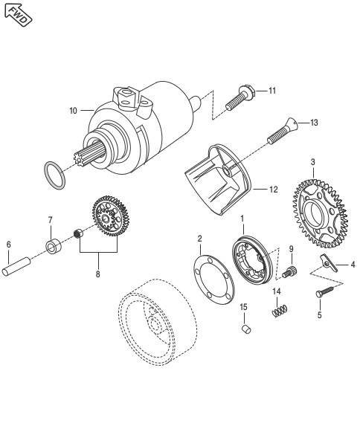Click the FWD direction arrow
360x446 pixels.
18,15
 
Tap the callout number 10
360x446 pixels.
73,111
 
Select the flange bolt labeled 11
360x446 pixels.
240,98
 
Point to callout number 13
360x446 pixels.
314,123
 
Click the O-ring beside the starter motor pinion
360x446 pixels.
54,175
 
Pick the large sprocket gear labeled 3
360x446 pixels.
320,213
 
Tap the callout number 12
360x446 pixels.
273,190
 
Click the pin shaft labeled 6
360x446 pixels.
16,267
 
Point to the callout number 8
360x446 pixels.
97,274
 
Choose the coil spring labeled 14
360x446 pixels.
280,311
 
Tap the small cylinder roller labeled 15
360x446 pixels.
246,329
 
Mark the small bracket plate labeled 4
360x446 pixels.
328,263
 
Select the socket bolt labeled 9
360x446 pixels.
289,271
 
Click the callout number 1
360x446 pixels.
242,219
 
